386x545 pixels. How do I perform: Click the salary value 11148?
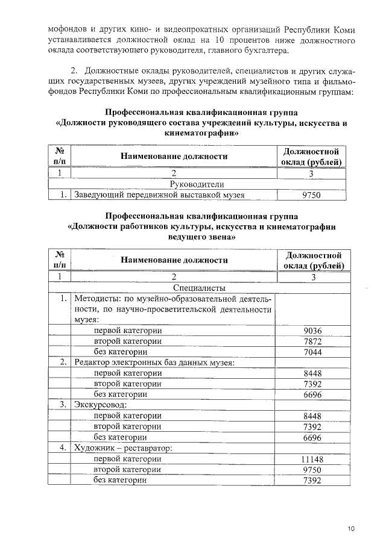(312, 459)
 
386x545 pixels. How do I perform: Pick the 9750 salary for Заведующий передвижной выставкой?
(312, 195)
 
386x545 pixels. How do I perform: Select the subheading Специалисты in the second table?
(199, 288)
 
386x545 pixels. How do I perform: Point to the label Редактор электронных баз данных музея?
(154, 363)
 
